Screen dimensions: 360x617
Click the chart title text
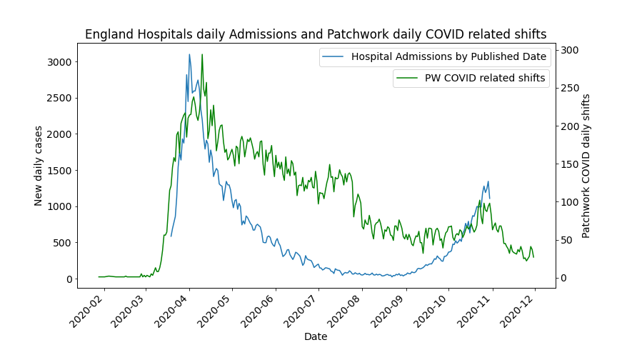click(316, 34)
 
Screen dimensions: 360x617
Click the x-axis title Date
click(316, 336)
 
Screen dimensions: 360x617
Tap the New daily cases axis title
click(39, 166)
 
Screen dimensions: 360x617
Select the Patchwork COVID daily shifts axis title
click(586, 166)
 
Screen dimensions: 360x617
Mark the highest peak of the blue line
click(189, 54)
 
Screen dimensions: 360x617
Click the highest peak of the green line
click(202, 54)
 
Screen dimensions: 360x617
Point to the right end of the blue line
click(490, 198)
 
